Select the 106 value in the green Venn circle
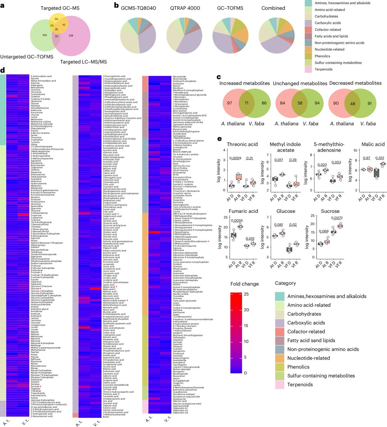[x=44, y=35]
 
